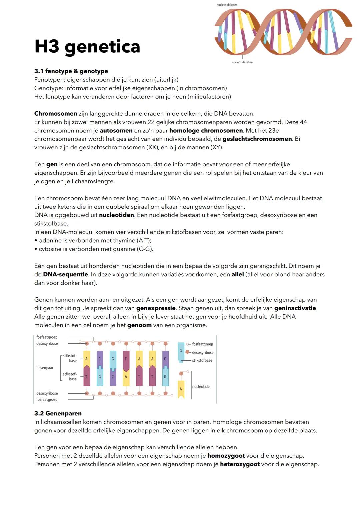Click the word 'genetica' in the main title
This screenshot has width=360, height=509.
point(102,47)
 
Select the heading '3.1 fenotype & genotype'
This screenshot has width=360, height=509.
point(71,71)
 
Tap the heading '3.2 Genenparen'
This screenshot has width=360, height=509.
point(58,413)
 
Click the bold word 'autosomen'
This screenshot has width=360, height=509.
point(116,130)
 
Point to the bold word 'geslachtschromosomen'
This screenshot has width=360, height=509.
point(257,139)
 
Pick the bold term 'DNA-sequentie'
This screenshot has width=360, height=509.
point(65,274)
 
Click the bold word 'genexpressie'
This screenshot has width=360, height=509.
point(156,308)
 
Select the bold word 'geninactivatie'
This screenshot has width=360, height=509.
point(295,308)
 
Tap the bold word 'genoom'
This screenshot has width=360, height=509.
point(139,325)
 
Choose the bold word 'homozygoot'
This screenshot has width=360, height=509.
point(226,456)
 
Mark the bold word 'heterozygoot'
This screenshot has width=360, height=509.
point(240,464)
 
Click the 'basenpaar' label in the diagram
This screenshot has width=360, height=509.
point(45,368)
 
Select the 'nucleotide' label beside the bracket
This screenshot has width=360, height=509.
point(201,387)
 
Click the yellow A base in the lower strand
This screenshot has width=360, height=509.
point(126,377)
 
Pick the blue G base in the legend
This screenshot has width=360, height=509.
point(181,351)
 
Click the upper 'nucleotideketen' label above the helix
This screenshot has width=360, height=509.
point(227,5)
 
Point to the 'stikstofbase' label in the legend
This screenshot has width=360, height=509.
point(202,360)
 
